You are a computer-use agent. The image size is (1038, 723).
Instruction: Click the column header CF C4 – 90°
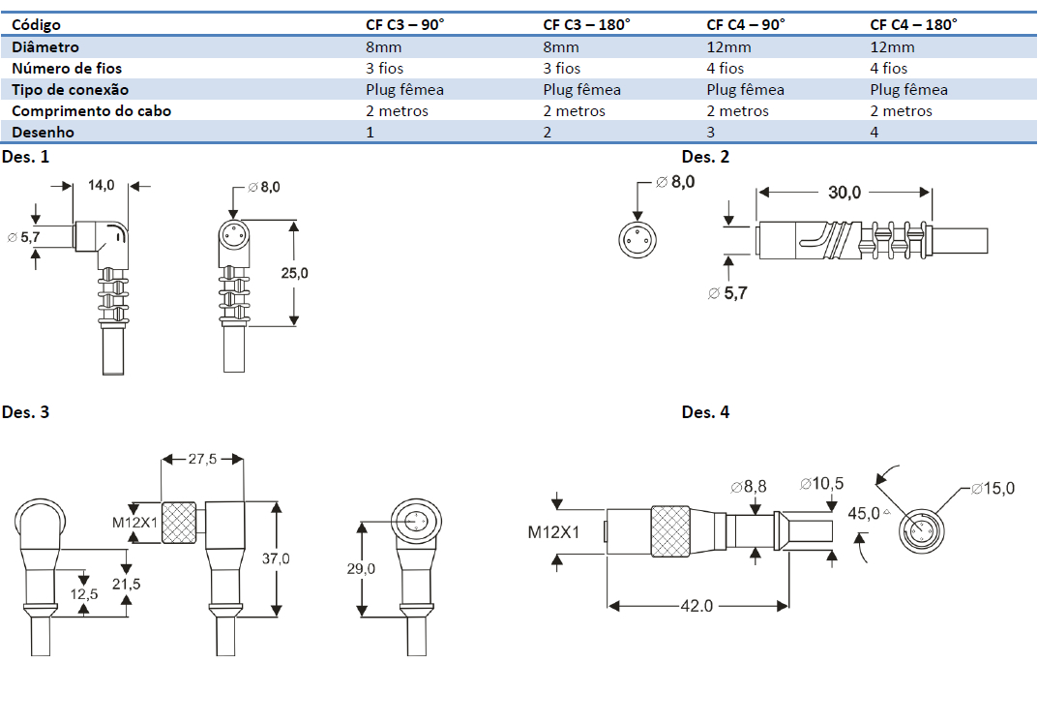tap(746, 25)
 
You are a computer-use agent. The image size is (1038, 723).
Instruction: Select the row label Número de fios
tap(67, 68)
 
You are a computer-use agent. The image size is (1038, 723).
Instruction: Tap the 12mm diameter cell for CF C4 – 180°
tap(892, 46)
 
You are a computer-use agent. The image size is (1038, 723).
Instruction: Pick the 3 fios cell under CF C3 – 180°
tap(562, 68)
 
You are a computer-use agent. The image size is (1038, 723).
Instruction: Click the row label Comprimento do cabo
tap(91, 110)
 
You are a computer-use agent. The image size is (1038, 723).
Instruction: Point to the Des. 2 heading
tap(705, 157)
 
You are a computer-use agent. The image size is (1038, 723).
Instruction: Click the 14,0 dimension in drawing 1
tap(102, 185)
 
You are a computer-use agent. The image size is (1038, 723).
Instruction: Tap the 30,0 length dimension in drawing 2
tap(844, 193)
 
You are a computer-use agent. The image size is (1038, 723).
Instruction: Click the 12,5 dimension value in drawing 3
tap(87, 595)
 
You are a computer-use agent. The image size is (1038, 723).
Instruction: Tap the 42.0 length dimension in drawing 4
tap(697, 606)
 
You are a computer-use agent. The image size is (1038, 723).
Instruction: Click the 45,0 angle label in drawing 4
tap(866, 512)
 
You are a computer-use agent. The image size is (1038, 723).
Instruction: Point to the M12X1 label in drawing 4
tap(553, 531)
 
